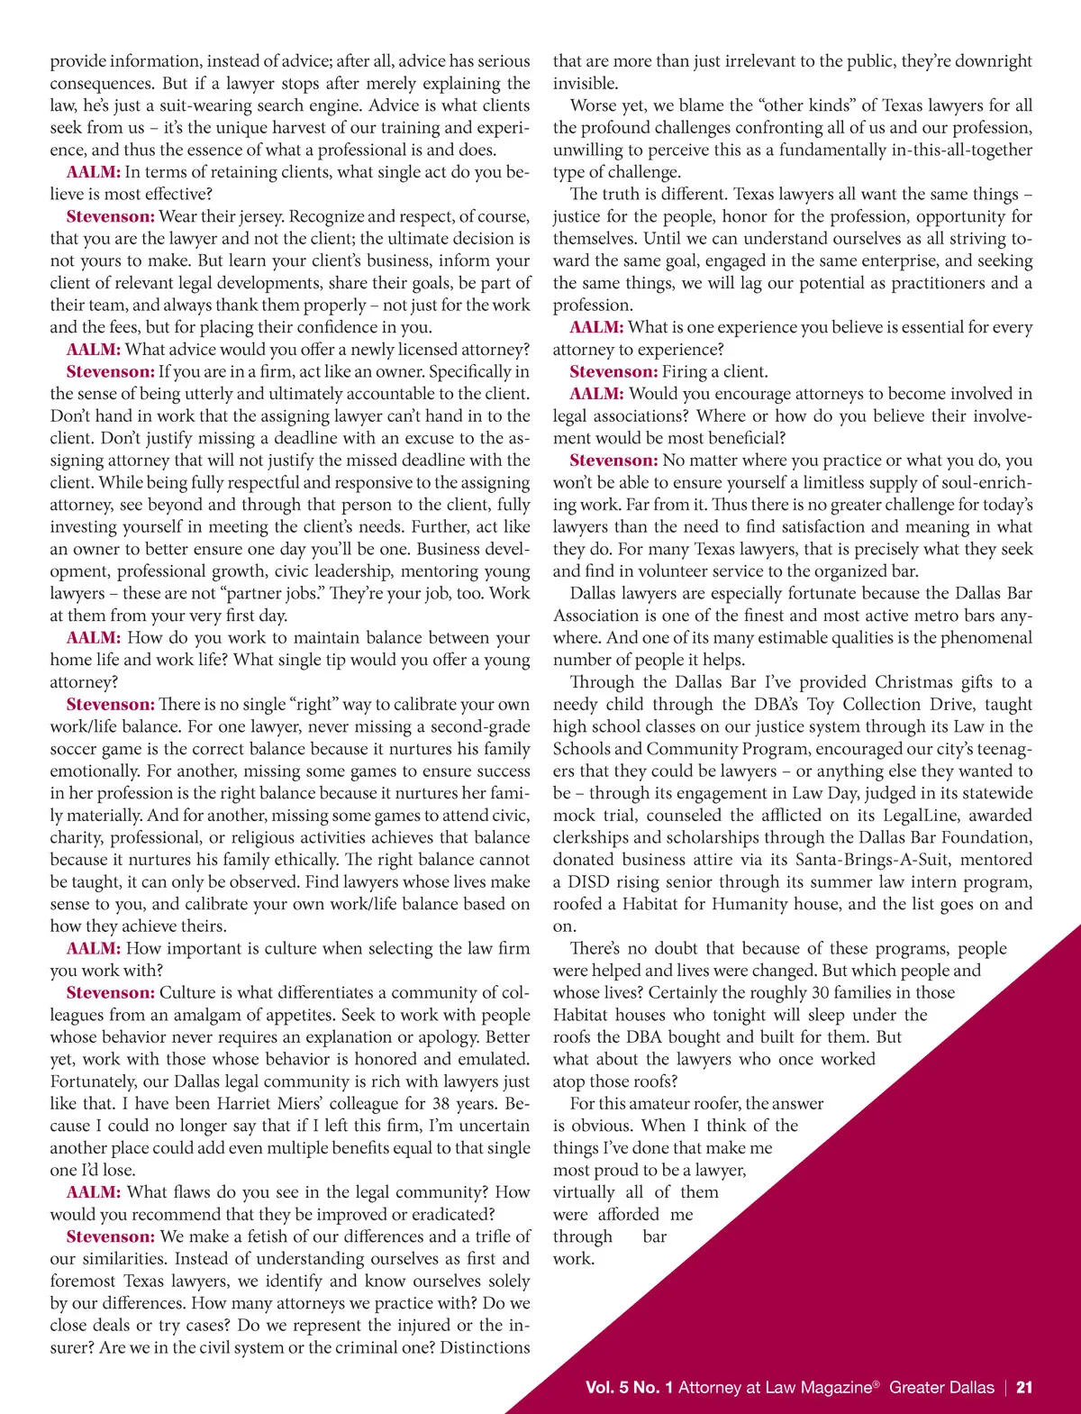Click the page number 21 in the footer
pyautogui.click(x=1024, y=1388)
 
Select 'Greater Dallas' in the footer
pyautogui.click(x=941, y=1388)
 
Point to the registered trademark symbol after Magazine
pyautogui.click(x=877, y=1383)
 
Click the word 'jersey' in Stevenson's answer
pyautogui.click(x=256, y=216)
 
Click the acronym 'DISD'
pyautogui.click(x=589, y=882)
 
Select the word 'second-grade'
pyautogui.click(x=474, y=726)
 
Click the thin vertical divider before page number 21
pyautogui.click(x=1006, y=1388)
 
